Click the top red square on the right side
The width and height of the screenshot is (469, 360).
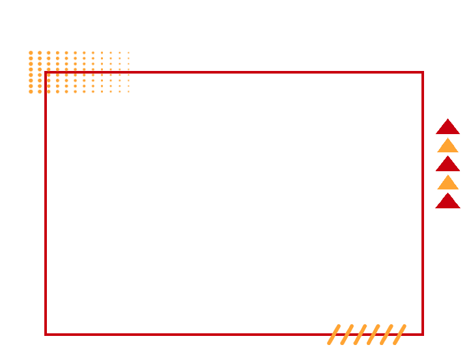coord(447,126)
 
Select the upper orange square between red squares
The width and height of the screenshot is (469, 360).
coord(448,145)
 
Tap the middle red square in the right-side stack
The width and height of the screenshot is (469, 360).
coord(447,163)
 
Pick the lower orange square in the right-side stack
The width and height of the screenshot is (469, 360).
coord(448,182)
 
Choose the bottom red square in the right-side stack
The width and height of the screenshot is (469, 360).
coord(447,200)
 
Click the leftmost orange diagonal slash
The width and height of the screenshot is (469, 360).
coord(336,330)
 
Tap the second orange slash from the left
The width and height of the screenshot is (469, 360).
coord(349,330)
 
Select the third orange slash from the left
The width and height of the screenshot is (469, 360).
coord(362,330)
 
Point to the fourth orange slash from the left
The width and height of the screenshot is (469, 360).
coord(375,330)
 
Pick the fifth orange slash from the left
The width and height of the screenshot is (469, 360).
coord(388,330)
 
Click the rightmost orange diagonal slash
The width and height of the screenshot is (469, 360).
coord(401,330)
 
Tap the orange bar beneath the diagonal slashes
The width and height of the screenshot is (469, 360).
coord(367,340)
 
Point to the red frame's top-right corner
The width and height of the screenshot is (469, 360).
coord(422,72)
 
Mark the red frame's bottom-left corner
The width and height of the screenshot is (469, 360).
coord(46,334)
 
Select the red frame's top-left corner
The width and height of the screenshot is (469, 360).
coord(46,72)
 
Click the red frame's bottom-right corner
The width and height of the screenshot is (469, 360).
coord(422,334)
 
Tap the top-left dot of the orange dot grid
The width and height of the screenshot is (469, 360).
coord(49,75)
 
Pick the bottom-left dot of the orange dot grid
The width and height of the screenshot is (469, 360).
coord(49,91)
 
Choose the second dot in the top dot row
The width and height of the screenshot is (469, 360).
coord(57,75)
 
